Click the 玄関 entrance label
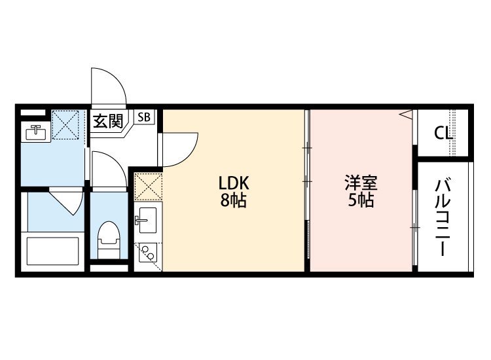coord(107,121)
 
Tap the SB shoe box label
coord(144,118)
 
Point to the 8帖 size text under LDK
coord(233,201)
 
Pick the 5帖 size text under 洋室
coord(361,201)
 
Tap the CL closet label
coord(443,133)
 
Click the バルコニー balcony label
coord(442,216)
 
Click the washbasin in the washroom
coord(35,133)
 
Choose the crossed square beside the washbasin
coord(65,124)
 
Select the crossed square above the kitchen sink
coord(147,185)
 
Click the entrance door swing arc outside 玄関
coord(107,88)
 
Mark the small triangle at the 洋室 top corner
coord(406,115)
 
